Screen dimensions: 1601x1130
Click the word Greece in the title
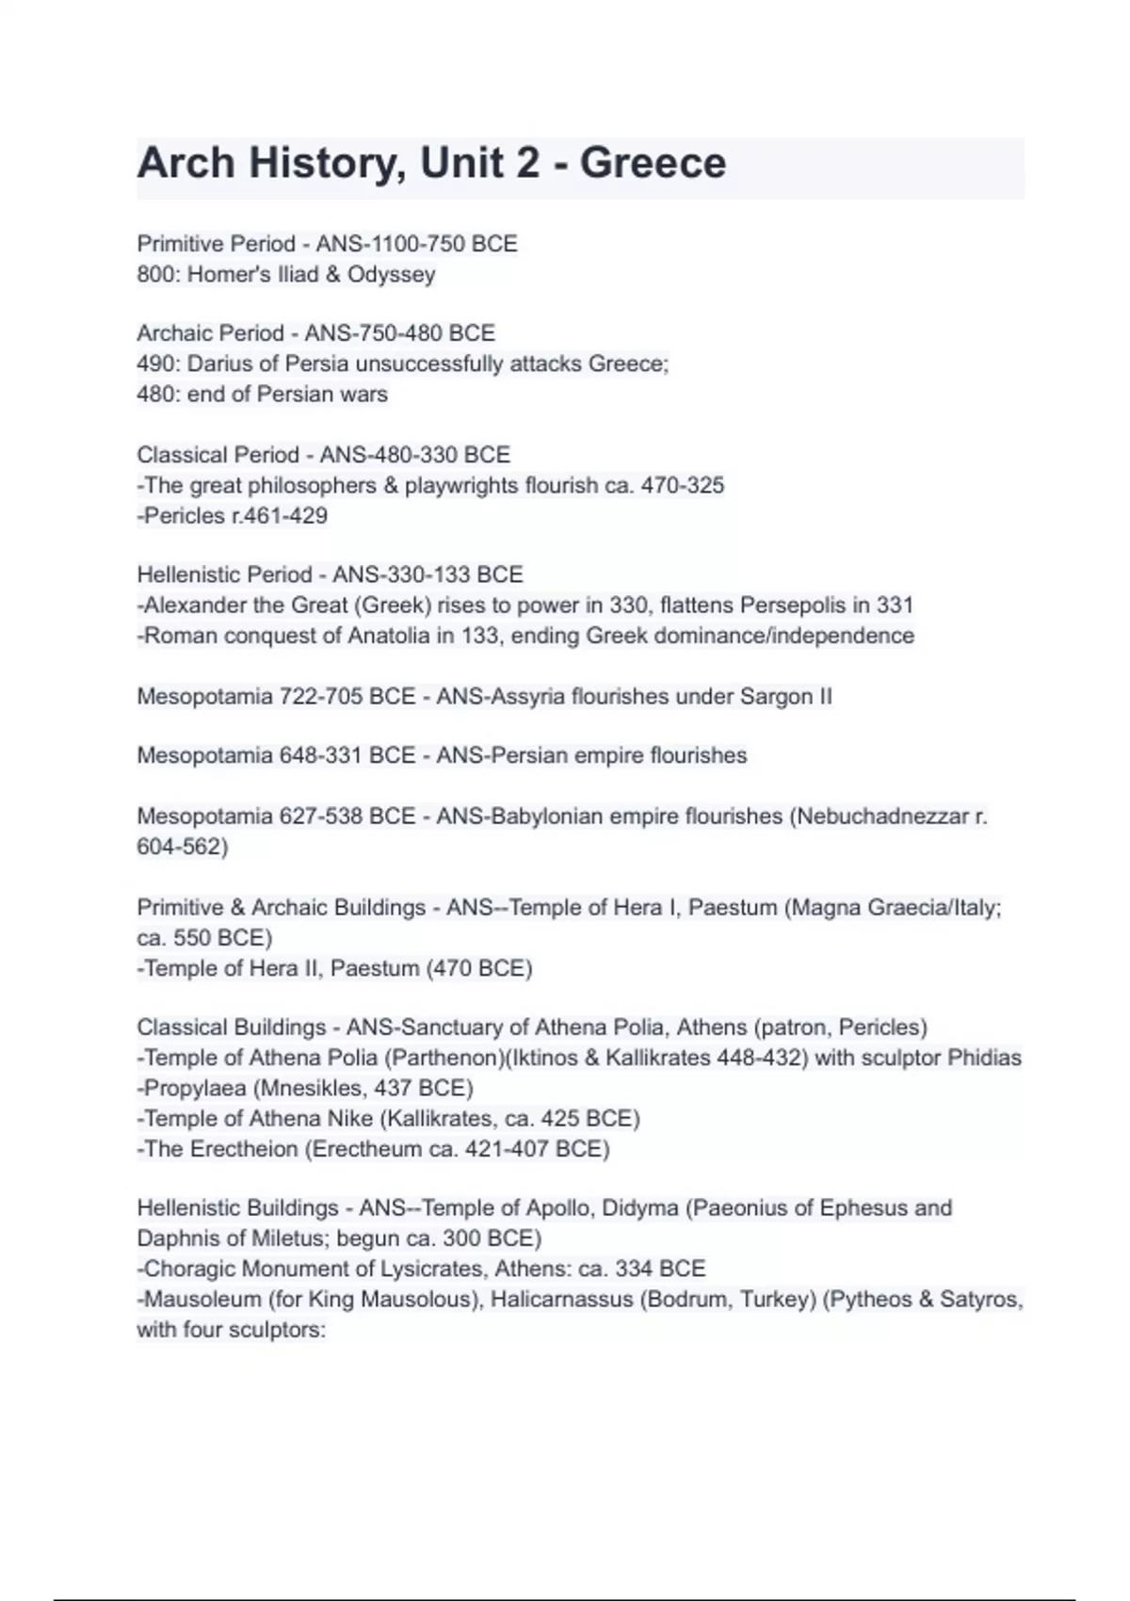(x=653, y=164)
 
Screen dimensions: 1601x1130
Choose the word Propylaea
(x=194, y=1089)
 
